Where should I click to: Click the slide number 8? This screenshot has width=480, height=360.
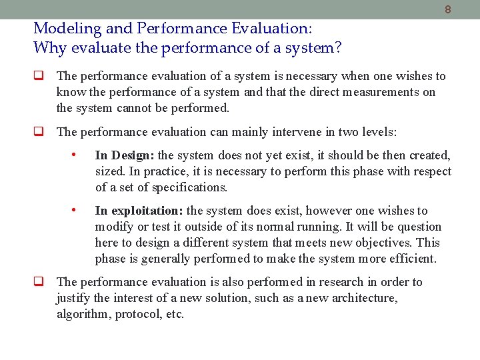(x=447, y=10)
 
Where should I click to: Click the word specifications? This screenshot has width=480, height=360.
(x=185, y=187)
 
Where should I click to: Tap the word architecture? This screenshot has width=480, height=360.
(x=361, y=298)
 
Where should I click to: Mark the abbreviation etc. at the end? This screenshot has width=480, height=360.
(x=173, y=314)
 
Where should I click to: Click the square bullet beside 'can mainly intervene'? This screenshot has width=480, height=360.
(x=39, y=132)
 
